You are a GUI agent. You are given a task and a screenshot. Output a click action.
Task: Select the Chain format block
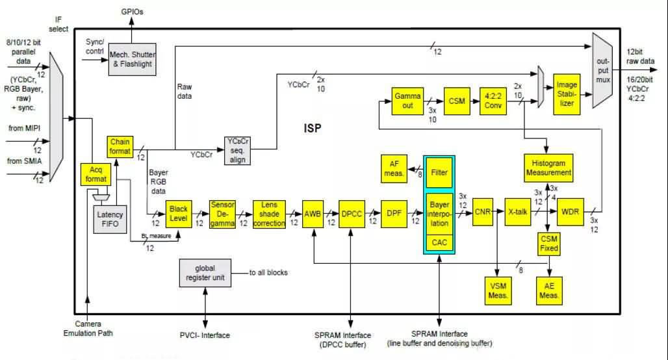coord(120,146)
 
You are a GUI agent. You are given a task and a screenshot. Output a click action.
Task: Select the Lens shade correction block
coord(269,213)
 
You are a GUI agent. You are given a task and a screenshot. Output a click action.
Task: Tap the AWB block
coord(313,212)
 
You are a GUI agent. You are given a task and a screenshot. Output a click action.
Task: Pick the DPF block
coord(392,212)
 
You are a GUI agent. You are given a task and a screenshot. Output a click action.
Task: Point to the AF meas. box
coord(394,168)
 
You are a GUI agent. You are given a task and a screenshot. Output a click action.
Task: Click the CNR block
coord(482,212)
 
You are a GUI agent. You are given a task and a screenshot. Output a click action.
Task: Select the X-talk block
coord(518,212)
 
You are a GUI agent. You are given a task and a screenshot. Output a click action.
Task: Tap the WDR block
coord(570,212)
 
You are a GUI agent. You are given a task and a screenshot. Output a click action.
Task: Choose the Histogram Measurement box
coord(548,167)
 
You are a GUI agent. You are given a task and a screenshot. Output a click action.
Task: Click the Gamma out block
coord(408,100)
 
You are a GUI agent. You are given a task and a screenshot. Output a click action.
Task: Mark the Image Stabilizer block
coord(566,94)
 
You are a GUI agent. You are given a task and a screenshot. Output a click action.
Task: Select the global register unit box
coord(205,273)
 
